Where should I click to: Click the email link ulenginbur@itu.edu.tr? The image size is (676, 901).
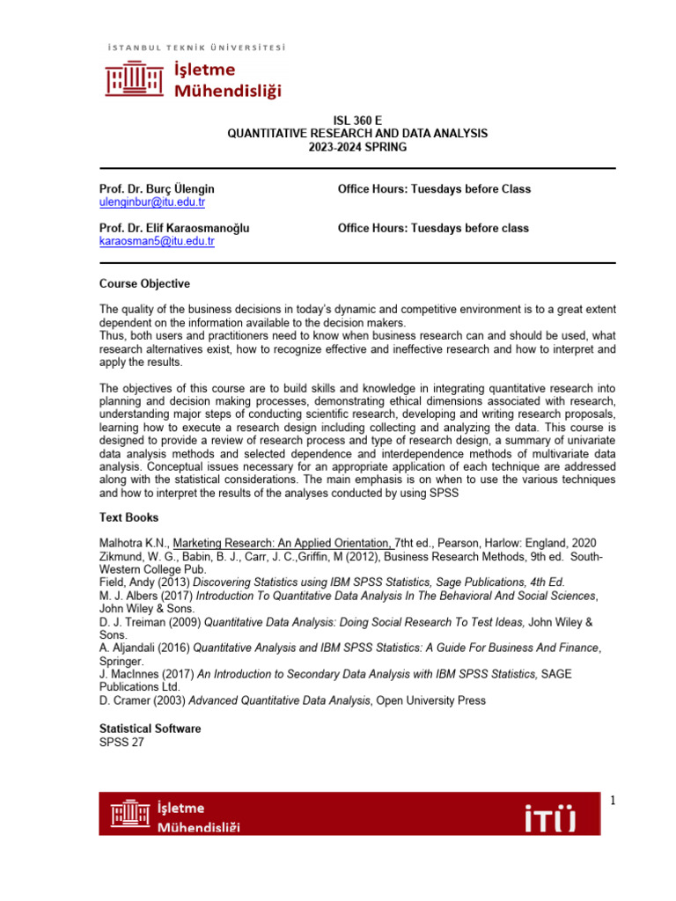point(151,202)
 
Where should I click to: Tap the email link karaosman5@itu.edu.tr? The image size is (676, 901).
point(156,241)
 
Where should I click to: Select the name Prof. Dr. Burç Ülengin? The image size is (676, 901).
point(156,189)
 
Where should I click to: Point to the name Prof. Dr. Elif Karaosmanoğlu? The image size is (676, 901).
point(173,228)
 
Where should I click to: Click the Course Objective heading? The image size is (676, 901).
point(143,284)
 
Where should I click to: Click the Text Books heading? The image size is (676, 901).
point(129,518)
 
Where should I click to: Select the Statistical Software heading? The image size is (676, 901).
point(150,729)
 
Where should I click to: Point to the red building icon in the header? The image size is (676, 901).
point(133,80)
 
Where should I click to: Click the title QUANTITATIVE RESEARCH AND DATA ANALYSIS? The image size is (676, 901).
point(356,133)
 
